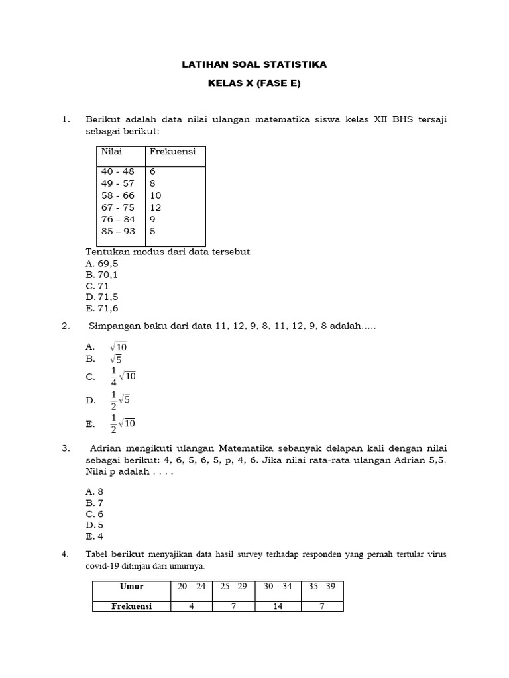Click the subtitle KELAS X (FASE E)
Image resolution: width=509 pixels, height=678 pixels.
point(254,84)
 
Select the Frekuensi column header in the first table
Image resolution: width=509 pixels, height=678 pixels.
point(172,152)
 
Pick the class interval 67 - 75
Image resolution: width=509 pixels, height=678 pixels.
point(117,207)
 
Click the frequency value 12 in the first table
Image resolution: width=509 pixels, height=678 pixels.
point(155,207)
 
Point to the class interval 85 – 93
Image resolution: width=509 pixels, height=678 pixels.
point(117,231)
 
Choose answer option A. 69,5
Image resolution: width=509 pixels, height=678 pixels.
point(102,263)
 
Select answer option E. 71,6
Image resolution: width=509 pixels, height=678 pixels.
point(102,308)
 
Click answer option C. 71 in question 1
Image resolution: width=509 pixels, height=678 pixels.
point(97,285)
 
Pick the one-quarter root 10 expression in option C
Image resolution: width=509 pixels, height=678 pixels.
point(122,377)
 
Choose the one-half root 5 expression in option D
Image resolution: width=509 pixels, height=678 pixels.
point(120,400)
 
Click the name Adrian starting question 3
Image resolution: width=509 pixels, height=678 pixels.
point(106,448)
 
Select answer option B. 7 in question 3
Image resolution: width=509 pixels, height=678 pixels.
point(95,503)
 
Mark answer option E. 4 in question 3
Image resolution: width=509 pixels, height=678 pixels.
point(95,536)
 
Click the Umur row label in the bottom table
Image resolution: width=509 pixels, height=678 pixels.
point(131,587)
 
